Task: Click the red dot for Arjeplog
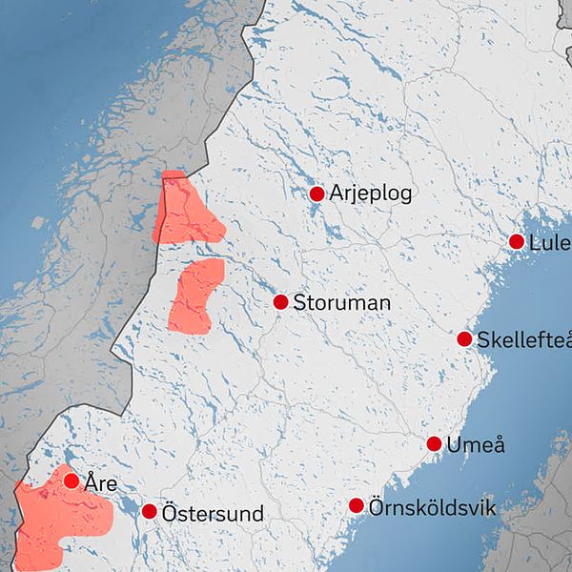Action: (317, 194)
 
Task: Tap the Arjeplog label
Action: (371, 194)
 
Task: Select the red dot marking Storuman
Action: (280, 302)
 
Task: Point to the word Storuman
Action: (342, 303)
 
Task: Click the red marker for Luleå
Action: (517, 242)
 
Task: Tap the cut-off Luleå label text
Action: (550, 243)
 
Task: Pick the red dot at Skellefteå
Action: (464, 339)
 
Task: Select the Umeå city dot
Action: (434, 444)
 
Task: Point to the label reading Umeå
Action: (477, 444)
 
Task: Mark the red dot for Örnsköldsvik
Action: (357, 505)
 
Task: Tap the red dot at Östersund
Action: (150, 512)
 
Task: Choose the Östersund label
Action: (213, 514)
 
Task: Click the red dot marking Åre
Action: (71, 480)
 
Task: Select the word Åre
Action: (100, 484)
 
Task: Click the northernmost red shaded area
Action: (185, 212)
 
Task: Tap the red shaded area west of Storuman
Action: (195, 296)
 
